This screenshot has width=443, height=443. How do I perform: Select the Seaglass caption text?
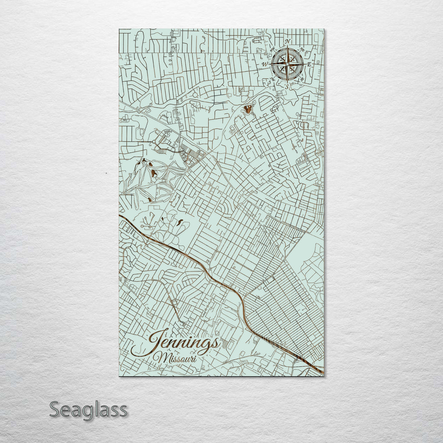click(x=88, y=410)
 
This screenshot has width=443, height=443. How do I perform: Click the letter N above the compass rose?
click(x=288, y=41)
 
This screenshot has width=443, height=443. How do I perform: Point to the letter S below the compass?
click(x=287, y=86)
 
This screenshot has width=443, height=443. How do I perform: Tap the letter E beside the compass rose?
click(x=309, y=65)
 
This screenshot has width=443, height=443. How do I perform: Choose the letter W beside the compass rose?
click(x=265, y=64)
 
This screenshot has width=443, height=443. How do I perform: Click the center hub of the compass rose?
click(x=288, y=64)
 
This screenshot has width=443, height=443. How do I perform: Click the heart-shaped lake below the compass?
click(x=248, y=109)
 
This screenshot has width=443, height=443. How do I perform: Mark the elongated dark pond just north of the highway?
click(x=180, y=223)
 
